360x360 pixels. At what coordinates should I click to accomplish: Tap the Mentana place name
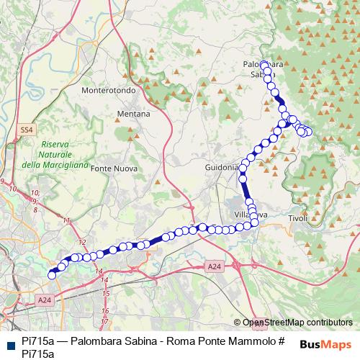(134, 114)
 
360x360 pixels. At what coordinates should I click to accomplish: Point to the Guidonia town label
(220, 167)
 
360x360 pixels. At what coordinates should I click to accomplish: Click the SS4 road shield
(27, 130)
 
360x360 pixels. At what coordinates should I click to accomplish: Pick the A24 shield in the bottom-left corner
(45, 300)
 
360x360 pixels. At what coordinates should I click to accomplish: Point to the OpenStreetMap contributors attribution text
(297, 323)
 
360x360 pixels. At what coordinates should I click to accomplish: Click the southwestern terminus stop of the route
(52, 274)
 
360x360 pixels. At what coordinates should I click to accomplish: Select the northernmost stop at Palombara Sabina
(264, 64)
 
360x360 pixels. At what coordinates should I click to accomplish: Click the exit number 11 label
(67, 220)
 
